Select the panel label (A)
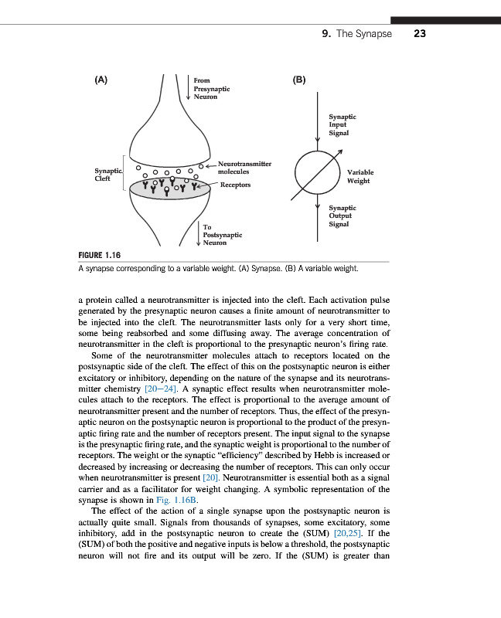pos(101,80)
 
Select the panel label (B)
pos(299,80)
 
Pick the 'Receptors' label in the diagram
pos(235,185)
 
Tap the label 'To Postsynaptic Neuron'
pos(223,234)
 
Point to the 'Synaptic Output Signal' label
pos(343,216)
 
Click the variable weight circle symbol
pos(319,175)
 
